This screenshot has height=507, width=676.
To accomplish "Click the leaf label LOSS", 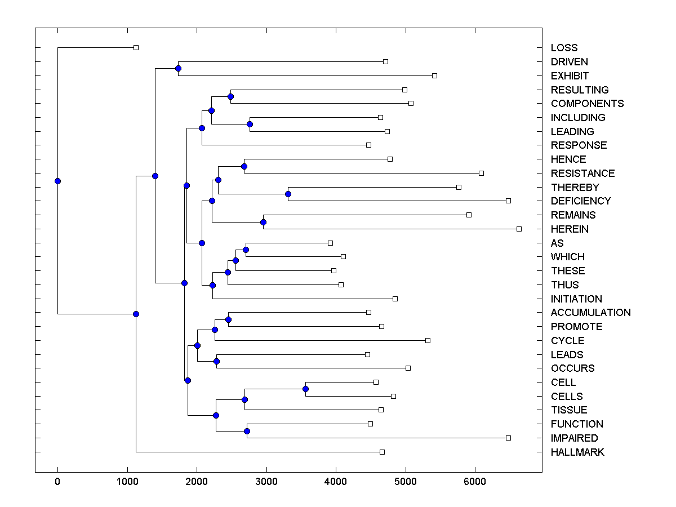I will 564,48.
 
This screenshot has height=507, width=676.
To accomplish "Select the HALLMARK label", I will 577,452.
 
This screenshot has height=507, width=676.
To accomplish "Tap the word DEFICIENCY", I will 581,201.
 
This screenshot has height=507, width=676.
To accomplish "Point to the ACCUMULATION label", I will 590,313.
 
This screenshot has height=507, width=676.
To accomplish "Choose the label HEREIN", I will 570,229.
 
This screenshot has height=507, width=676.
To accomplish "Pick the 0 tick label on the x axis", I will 57,481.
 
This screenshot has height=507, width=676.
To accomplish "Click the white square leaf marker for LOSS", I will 136,48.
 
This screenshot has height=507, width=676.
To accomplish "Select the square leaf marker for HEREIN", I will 519,229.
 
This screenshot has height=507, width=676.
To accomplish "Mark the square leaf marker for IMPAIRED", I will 508,438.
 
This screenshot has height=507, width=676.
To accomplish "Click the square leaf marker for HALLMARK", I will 382,452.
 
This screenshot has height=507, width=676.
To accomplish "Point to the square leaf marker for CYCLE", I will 428,340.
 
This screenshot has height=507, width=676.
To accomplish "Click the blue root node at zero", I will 57,181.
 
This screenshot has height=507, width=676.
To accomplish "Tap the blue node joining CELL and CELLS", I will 305,389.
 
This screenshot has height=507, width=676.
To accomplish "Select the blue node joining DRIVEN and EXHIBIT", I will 178,68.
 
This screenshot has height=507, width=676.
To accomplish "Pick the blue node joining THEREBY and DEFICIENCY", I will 288,194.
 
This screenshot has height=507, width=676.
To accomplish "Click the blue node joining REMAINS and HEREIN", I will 263,222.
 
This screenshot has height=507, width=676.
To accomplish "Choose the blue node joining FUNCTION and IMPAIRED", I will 247,431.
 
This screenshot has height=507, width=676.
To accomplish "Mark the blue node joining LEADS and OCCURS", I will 216,361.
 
